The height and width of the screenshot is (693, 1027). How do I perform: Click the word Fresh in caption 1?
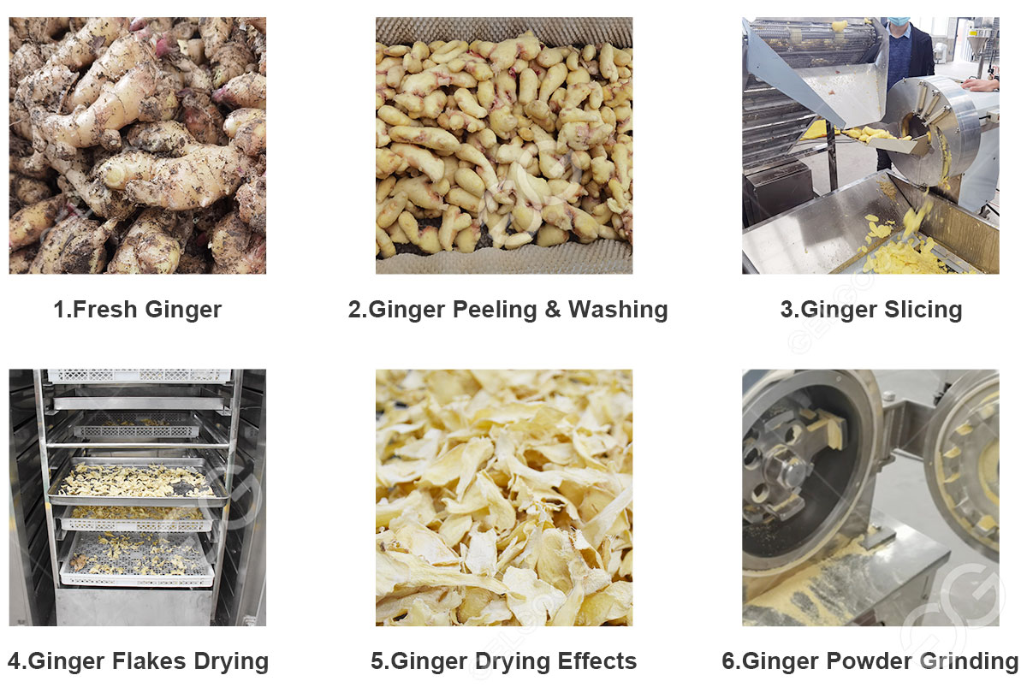pyautogui.click(x=104, y=310)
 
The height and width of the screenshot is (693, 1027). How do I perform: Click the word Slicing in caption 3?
pyautogui.click(x=924, y=310)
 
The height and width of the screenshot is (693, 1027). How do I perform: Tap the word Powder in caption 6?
pyautogui.click(x=866, y=661)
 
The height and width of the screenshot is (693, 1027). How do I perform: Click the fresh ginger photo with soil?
pyautogui.click(x=137, y=145)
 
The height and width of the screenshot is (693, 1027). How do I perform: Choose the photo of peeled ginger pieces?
pyautogui.click(x=504, y=145)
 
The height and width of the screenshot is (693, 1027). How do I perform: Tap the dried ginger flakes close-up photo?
pyautogui.click(x=504, y=497)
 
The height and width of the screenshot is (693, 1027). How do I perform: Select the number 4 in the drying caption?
pyautogui.click(x=15, y=661)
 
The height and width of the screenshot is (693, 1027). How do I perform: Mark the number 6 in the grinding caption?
pyautogui.click(x=728, y=661)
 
